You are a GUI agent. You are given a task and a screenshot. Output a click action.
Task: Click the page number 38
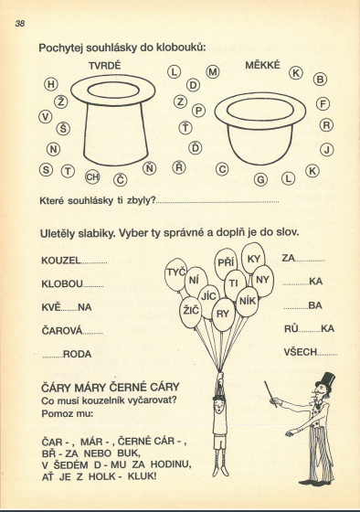point(19,23)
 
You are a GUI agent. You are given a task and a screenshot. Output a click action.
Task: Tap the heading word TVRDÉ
point(104,66)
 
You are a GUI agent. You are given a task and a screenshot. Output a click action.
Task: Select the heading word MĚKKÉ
point(262,65)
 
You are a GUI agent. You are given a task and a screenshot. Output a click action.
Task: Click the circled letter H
point(51,84)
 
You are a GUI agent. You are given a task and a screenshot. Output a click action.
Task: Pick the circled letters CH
point(92,177)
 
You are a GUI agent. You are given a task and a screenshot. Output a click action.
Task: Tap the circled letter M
point(213,72)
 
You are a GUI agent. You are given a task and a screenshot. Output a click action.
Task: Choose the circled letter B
point(320,80)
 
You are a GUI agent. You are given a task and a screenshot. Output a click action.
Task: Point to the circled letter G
point(260,179)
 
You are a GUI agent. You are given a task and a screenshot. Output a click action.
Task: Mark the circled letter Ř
point(178,167)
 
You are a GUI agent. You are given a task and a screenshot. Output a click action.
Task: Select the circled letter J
point(327,150)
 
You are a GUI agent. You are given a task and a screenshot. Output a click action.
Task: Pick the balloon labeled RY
point(223,315)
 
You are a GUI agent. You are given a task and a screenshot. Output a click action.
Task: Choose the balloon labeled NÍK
point(248,301)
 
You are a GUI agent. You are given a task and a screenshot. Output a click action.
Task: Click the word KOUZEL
point(61,261)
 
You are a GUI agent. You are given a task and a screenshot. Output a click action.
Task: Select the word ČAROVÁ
point(62,330)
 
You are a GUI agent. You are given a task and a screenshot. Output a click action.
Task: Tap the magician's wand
point(270,394)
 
